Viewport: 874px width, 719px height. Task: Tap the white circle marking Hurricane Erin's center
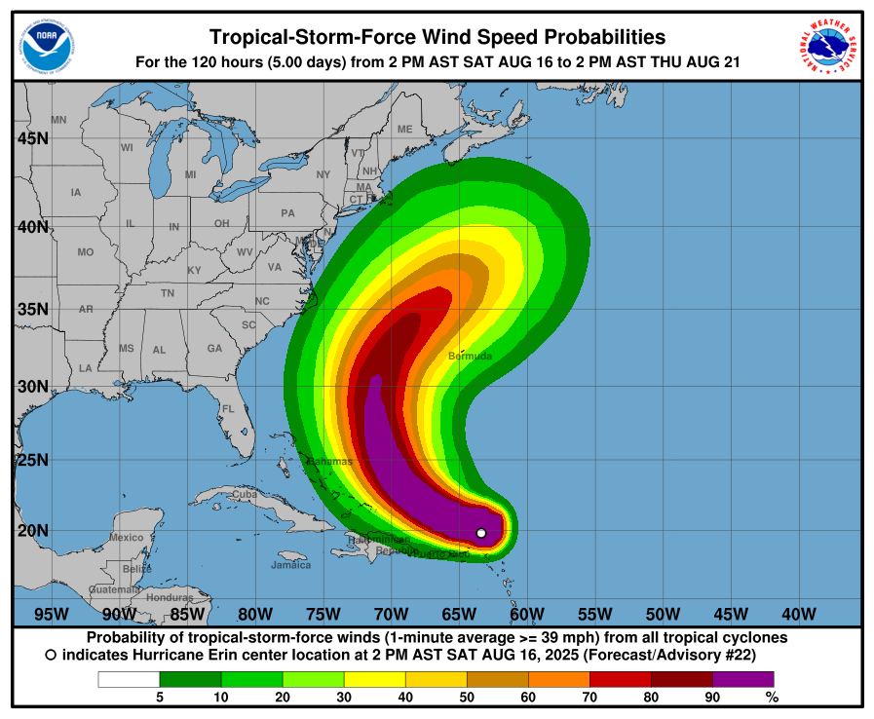(481, 533)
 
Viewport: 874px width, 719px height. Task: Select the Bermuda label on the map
(470, 357)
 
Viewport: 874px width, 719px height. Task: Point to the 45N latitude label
(33, 138)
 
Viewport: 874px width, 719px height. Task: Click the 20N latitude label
(33, 531)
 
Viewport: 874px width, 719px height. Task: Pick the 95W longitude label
(51, 614)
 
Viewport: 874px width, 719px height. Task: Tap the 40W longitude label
(798, 614)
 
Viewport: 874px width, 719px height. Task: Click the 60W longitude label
(526, 614)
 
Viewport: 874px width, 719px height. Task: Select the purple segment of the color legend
(742, 679)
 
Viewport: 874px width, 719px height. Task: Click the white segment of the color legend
(128, 679)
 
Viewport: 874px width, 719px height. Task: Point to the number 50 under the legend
(467, 697)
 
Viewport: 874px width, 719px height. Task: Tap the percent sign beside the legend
(772, 697)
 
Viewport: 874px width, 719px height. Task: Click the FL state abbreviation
(228, 408)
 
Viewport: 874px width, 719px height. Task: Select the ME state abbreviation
(404, 129)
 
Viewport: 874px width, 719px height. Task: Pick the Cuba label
(244, 494)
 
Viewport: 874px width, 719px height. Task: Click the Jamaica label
(290, 565)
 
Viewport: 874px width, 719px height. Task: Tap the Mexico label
(126, 537)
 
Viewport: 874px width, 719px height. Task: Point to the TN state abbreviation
(168, 292)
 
